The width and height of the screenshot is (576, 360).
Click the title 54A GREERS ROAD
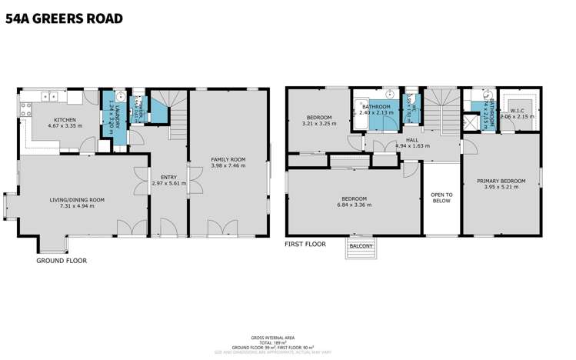[x=64, y=18]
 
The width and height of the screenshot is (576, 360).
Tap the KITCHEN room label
[x=65, y=120]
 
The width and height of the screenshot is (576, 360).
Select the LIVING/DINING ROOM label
[x=77, y=200]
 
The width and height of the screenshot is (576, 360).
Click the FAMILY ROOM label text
[x=228, y=159]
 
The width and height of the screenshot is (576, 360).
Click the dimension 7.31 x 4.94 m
[x=77, y=207]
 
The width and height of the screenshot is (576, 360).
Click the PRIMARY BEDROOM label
[x=501, y=182]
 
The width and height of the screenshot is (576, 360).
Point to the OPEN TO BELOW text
[x=441, y=197]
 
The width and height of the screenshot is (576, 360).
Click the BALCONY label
[x=361, y=246]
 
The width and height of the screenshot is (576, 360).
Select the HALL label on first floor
[x=411, y=139]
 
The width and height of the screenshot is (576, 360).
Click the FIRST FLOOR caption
[x=305, y=244]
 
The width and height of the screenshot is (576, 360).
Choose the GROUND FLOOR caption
[x=62, y=261]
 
